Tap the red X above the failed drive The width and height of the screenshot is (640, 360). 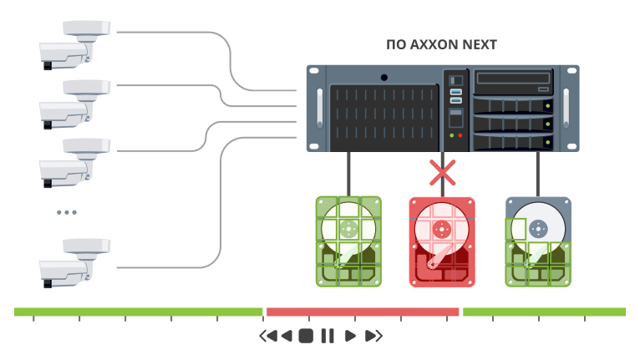[442, 173]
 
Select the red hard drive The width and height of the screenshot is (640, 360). [442, 242]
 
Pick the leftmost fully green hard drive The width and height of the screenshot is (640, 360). [348, 242]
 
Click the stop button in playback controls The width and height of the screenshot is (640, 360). [307, 336]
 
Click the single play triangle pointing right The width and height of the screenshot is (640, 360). [350, 336]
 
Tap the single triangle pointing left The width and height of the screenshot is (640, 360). [287, 336]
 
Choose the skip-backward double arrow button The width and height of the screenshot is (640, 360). [267, 336]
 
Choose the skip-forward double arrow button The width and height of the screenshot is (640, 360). [373, 336]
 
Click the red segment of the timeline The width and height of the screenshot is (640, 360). [363, 312]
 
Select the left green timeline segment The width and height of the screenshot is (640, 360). [138, 312]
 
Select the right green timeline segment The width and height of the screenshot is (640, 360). [544, 312]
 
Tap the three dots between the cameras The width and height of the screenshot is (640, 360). [66, 212]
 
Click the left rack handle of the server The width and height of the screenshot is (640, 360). [318, 108]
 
